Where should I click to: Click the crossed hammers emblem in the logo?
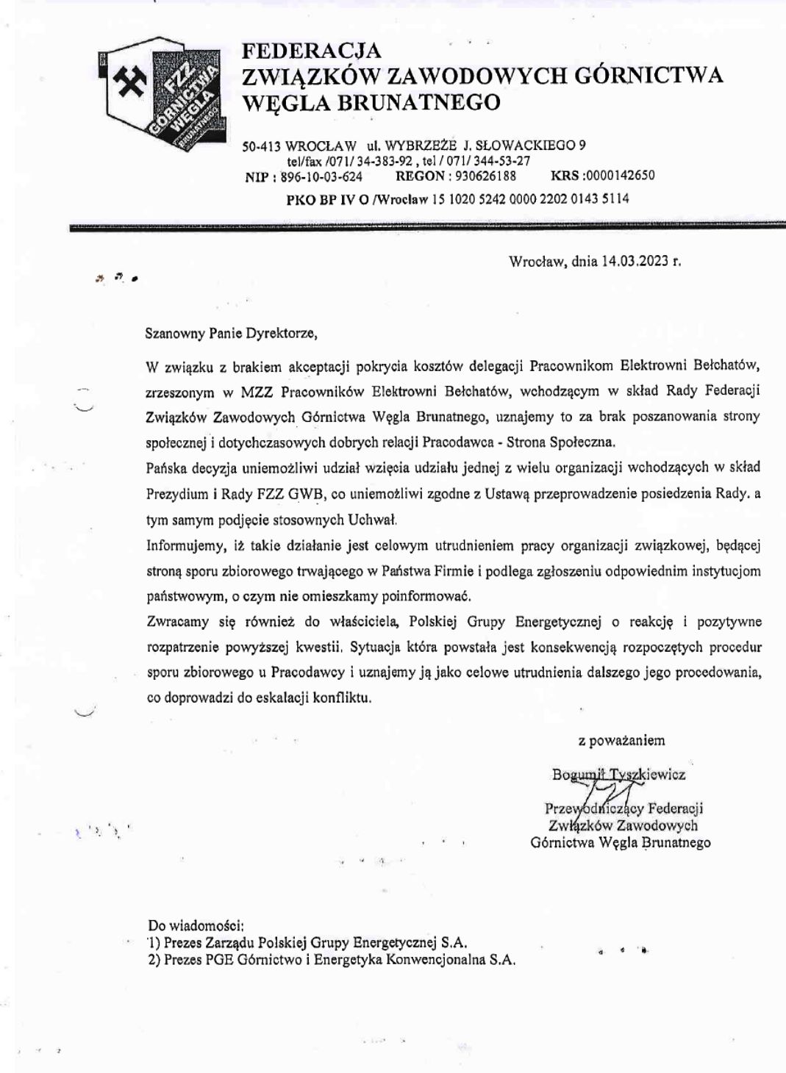[x=131, y=79]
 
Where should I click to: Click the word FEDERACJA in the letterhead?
[x=312, y=51]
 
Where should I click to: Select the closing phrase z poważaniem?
[x=621, y=741]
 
